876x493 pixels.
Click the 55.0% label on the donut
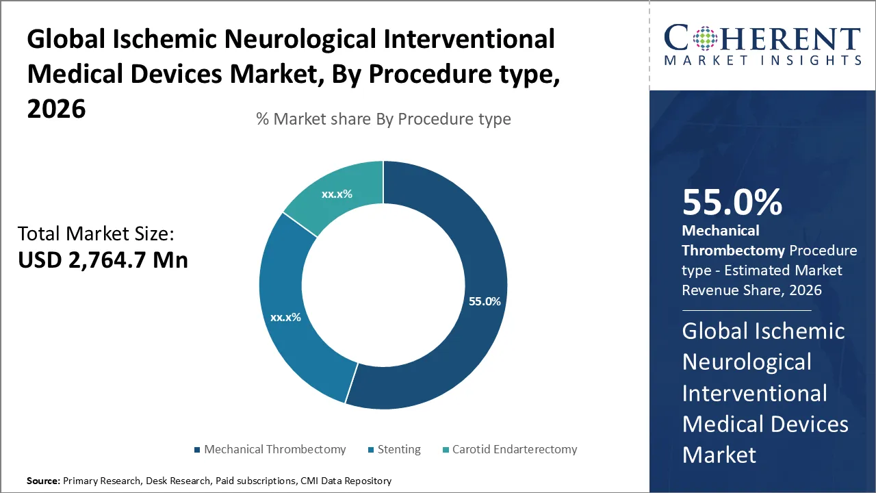click(x=485, y=301)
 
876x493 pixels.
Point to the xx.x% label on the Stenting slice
click(x=285, y=318)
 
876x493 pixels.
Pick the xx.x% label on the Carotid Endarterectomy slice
click(x=337, y=194)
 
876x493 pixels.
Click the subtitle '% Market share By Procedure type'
click(x=383, y=119)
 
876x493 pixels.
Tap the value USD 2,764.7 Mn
click(x=103, y=260)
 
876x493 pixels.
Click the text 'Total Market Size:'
click(x=96, y=234)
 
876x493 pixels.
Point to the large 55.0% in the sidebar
click(x=732, y=202)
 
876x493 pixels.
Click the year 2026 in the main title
click(x=56, y=108)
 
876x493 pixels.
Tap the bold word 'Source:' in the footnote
click(x=43, y=481)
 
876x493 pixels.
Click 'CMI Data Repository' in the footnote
click(x=346, y=481)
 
